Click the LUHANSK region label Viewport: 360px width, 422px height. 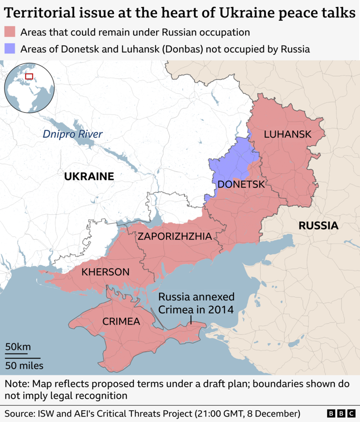click(x=287, y=135)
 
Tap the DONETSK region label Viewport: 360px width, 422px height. click(x=241, y=184)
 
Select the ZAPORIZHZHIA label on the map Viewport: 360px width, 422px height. click(x=174, y=236)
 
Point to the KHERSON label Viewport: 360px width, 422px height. click(x=105, y=272)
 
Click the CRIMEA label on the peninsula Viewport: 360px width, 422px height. click(x=121, y=321)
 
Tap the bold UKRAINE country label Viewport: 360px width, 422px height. click(x=89, y=177)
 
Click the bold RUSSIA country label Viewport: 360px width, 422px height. click(x=318, y=226)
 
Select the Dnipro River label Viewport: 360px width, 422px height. click(x=73, y=134)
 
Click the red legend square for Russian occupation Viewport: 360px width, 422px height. click(x=10, y=32)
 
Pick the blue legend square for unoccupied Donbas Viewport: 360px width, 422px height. click(x=10, y=49)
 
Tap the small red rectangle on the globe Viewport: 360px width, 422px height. click(x=29, y=76)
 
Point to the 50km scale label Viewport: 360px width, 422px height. click(x=18, y=347)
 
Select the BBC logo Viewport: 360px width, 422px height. click(x=341, y=414)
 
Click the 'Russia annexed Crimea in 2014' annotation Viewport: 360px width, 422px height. click(x=196, y=303)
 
